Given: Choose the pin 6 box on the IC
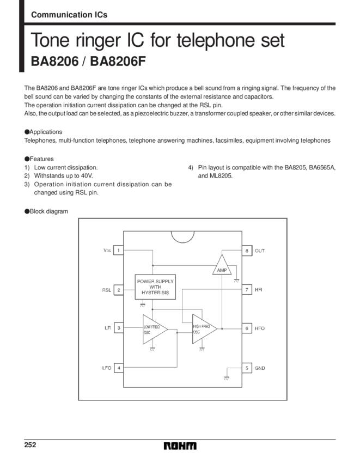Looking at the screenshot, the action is [247, 328].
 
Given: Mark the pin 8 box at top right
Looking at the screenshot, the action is [247, 250].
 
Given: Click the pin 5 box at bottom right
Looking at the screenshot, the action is [247, 368].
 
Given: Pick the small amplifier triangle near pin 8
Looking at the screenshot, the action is [222, 266].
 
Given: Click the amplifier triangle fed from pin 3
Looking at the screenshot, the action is [154, 329].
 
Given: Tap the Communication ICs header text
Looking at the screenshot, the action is [69, 15].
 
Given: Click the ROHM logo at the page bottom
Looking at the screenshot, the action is [181, 447].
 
